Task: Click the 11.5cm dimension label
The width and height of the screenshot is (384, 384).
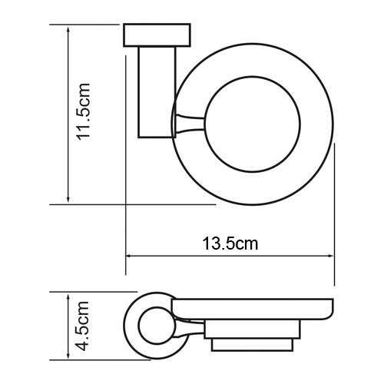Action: (85, 111)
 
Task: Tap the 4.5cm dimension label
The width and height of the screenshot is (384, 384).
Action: (85, 326)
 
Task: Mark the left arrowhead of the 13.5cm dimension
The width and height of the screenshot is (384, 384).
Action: (130, 257)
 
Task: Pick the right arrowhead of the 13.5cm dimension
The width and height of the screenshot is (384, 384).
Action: (331, 257)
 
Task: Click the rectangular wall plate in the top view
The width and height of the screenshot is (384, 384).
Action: (156, 36)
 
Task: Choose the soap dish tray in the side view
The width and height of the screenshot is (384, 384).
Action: (253, 311)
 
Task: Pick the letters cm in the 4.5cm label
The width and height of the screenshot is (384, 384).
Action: (85, 313)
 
